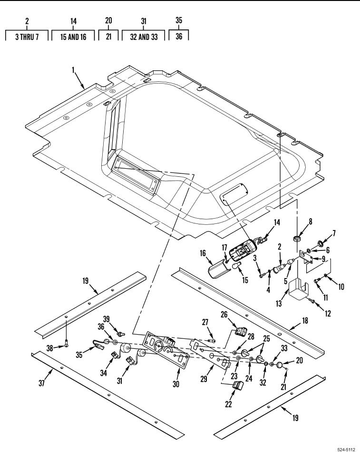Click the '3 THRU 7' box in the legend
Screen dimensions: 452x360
[x=26, y=36]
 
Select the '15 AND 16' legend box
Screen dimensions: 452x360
[x=73, y=36]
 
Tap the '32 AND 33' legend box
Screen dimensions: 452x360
[x=143, y=36]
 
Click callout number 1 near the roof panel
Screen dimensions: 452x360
[x=74, y=70]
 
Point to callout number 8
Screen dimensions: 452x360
[x=297, y=221]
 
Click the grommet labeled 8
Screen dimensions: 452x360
[x=297, y=236]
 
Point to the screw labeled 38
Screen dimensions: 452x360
[x=66, y=345]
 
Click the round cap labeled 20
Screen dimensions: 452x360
[x=280, y=365]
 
